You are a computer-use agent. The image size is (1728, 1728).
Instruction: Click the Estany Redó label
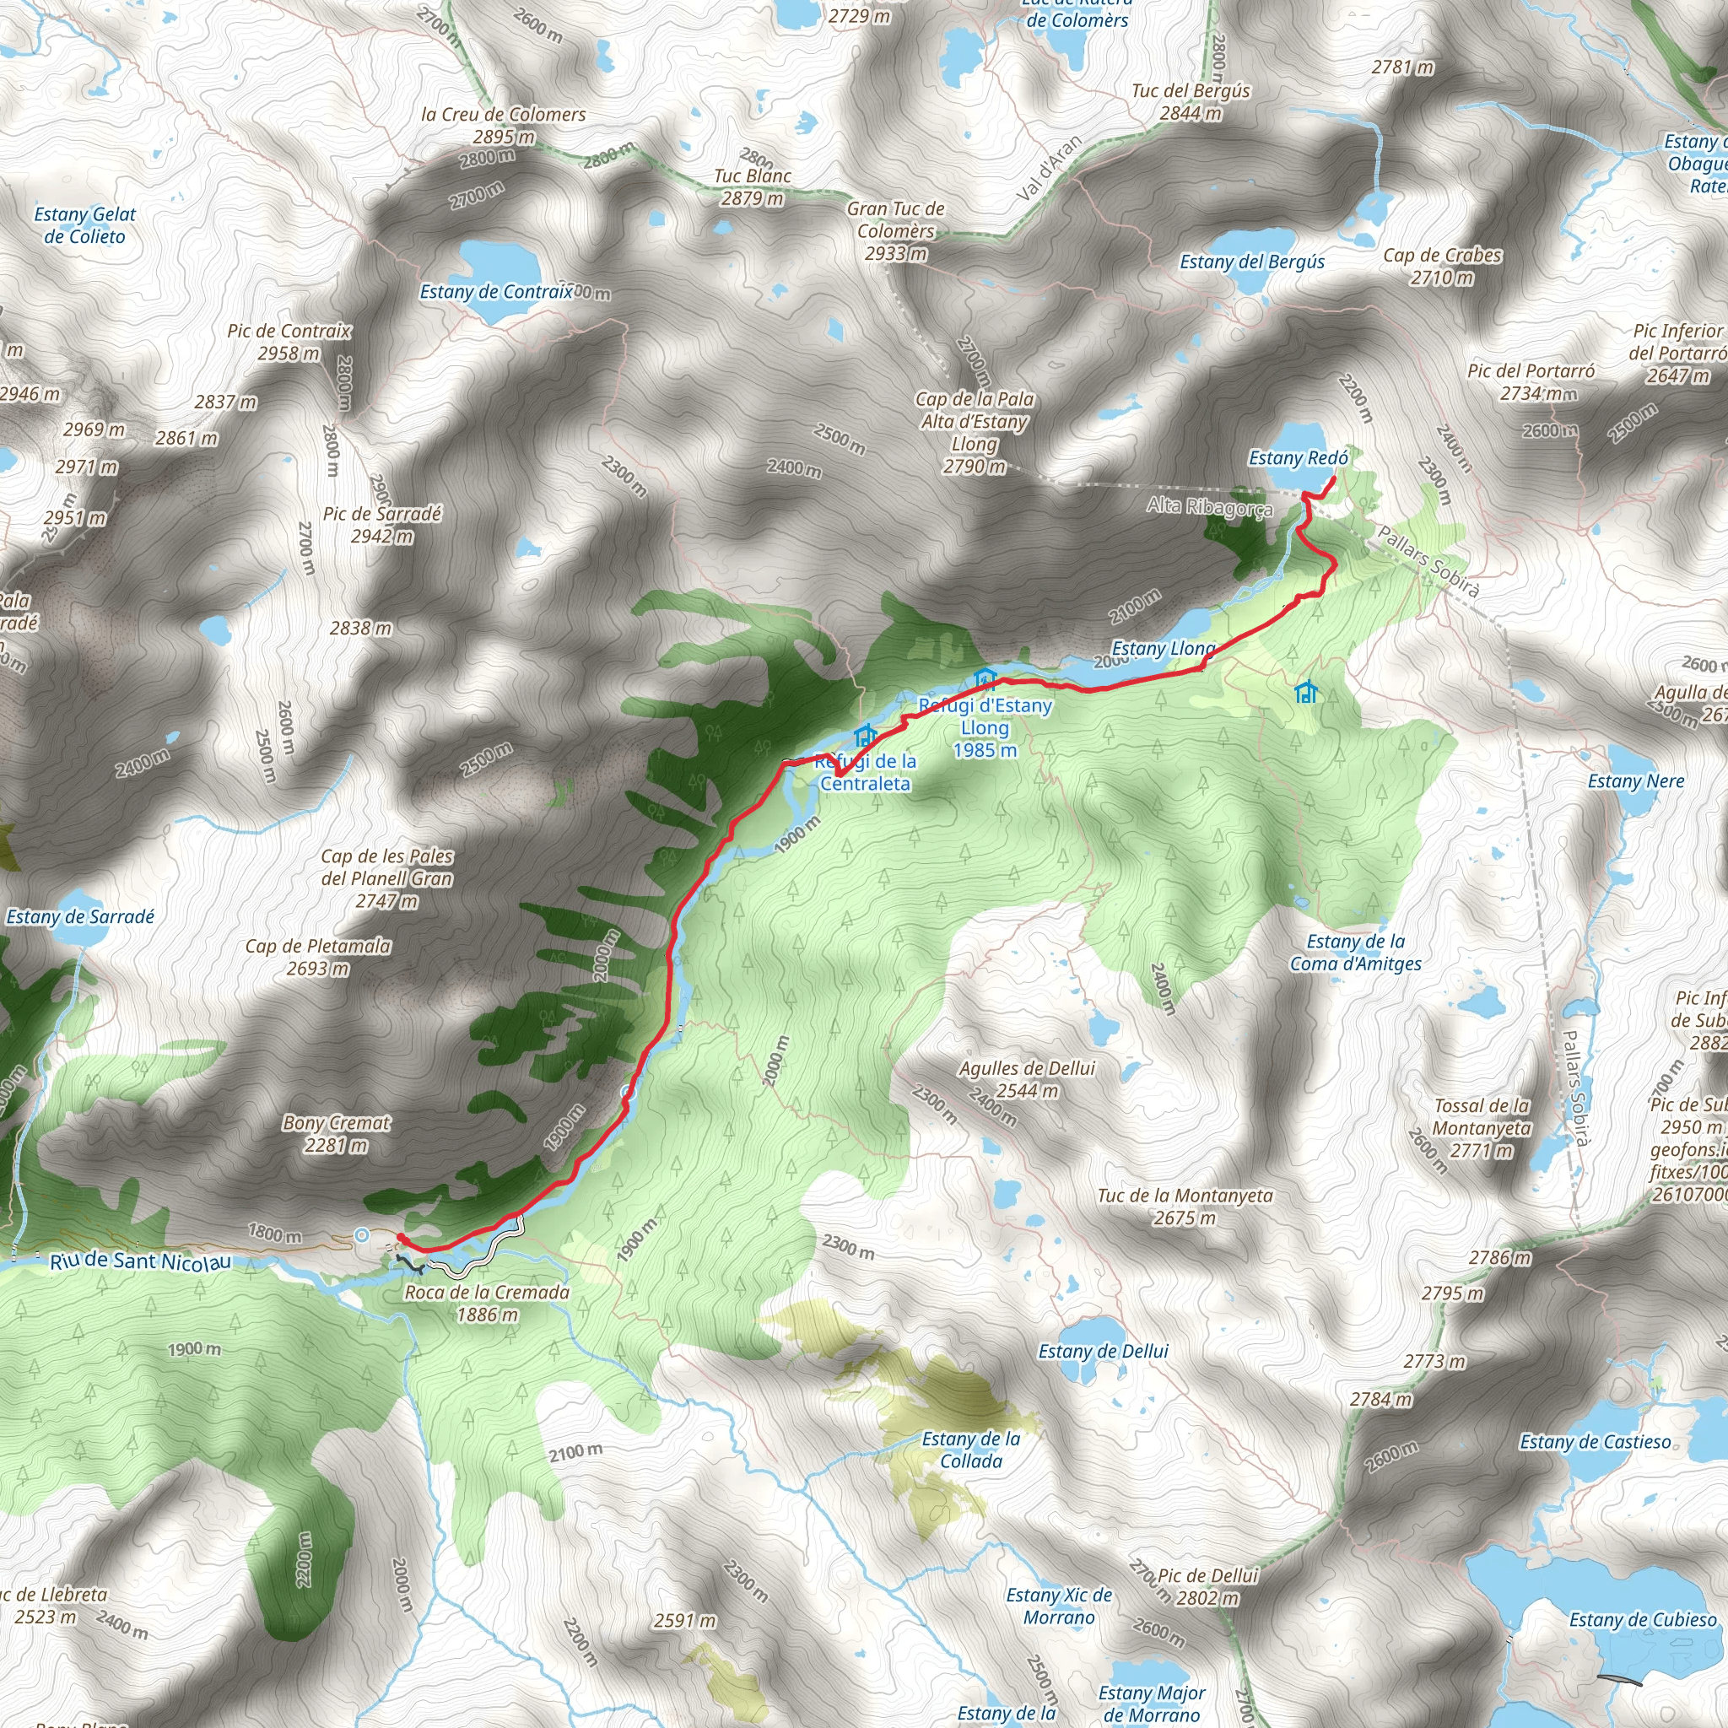(x=1298, y=458)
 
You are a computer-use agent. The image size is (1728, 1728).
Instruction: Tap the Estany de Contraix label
(x=496, y=292)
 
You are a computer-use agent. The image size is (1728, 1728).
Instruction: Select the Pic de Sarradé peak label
(x=382, y=525)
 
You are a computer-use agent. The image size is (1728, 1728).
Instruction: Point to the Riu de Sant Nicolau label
(x=140, y=1261)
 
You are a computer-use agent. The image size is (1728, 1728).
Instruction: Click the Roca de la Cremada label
(x=487, y=1303)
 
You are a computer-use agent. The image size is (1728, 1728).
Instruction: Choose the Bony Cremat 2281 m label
(x=337, y=1133)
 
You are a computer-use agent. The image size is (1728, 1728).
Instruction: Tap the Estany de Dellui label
(x=1103, y=1351)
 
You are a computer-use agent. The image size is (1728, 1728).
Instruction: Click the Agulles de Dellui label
(x=1027, y=1078)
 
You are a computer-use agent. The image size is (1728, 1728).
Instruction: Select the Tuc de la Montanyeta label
(x=1185, y=1207)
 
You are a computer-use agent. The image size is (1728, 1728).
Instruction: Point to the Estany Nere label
(x=1636, y=780)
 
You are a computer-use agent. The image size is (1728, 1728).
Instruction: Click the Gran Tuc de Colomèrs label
(x=895, y=230)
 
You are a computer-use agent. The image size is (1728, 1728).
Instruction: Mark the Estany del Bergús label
(x=1252, y=262)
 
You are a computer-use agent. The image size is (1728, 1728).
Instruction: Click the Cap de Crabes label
(x=1442, y=266)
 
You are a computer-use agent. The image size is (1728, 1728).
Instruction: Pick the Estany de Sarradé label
(x=80, y=917)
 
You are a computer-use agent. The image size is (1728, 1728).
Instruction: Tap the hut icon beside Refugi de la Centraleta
(x=863, y=736)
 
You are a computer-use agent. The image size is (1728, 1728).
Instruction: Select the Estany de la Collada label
(x=971, y=1450)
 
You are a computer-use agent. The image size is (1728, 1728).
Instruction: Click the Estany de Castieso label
(x=1595, y=1442)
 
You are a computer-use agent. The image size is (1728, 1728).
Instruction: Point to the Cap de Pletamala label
(x=318, y=957)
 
